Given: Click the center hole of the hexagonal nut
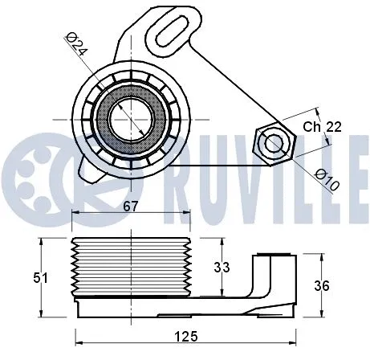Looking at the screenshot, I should point(274,143).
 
